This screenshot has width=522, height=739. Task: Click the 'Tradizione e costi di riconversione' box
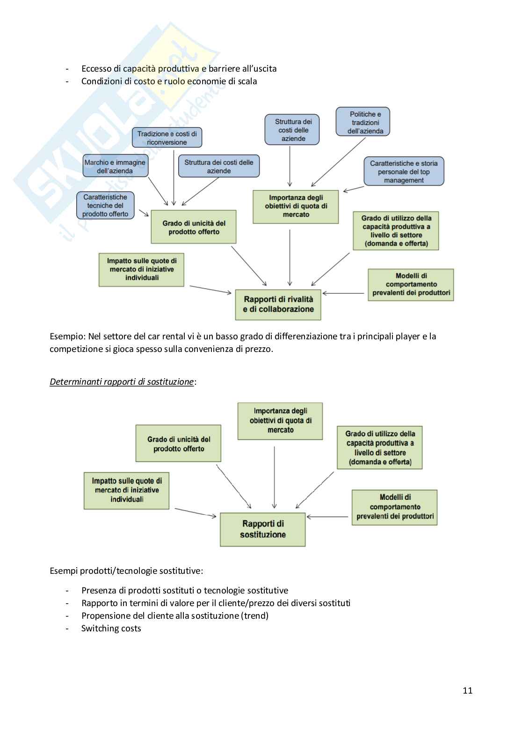point(167,138)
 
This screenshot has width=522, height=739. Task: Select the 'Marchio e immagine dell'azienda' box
point(115,167)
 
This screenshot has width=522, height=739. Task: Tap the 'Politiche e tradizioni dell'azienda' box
point(363,122)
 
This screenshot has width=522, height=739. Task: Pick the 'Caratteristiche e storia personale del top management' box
point(404,172)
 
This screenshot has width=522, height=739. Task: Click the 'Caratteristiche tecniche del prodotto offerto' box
point(105,205)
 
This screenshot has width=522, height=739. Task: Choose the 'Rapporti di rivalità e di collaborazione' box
point(278,304)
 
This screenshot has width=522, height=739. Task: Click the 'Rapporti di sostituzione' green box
point(262,529)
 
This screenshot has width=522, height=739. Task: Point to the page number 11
point(467,690)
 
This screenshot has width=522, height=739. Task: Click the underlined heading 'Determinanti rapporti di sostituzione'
point(122,381)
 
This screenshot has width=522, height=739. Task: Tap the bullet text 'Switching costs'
point(111,629)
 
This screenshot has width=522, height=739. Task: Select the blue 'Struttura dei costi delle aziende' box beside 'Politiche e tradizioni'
point(292,130)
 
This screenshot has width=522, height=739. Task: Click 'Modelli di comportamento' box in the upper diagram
point(411,285)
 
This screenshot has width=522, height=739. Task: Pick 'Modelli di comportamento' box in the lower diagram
point(394,507)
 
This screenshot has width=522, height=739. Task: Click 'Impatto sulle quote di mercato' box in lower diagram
point(126,490)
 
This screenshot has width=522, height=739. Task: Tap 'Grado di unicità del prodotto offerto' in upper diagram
point(194,227)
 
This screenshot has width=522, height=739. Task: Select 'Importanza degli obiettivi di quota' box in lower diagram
point(280,421)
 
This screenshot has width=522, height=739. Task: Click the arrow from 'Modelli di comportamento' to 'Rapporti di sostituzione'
point(328,517)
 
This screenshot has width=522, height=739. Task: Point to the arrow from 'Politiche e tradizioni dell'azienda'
point(338,162)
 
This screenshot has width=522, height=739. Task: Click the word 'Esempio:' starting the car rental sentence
point(67,336)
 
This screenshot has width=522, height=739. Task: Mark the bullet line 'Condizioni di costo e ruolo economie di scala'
point(169,81)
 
